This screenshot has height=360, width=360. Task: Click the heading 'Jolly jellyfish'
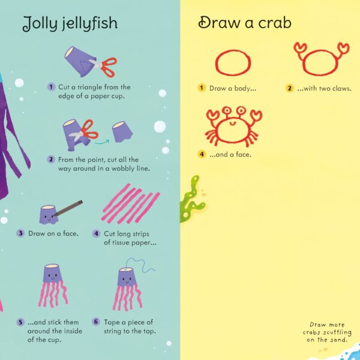pos(70,23)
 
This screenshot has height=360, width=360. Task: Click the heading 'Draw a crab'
pos(245,23)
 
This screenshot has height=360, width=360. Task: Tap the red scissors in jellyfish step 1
pos(104,66)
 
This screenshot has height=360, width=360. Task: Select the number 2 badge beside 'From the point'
pos(51,160)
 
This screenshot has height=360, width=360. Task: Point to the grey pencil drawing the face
pos(68,208)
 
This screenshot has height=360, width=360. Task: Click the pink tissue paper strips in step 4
pos(131,204)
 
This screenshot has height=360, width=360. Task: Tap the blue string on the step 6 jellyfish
pos(140,265)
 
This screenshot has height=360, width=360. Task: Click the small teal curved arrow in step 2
pos(102,142)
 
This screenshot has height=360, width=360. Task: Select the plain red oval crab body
pos(233,62)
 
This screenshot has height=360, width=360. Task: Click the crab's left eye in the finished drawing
pos(227,110)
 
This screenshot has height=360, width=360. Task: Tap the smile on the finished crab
pos(232,124)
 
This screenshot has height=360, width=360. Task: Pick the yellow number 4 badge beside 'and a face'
pos(202,154)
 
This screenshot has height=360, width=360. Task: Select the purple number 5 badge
pos(20,322)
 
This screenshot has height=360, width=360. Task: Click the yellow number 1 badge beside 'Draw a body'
pos(202,88)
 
